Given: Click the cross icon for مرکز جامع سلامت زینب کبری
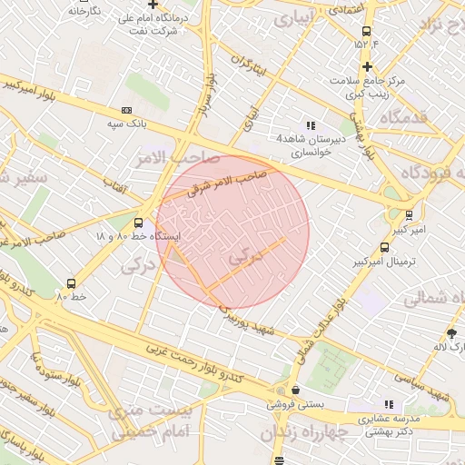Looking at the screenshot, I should click(x=366, y=66).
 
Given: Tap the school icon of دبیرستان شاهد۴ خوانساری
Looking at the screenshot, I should click(x=311, y=126).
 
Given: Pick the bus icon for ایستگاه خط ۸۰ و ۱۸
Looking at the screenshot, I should click(x=138, y=222).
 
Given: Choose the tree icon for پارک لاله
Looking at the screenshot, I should click(x=452, y=333).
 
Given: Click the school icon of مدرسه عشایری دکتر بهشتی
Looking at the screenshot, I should click(x=389, y=404).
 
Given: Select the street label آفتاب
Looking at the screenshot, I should click(x=116, y=186).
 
